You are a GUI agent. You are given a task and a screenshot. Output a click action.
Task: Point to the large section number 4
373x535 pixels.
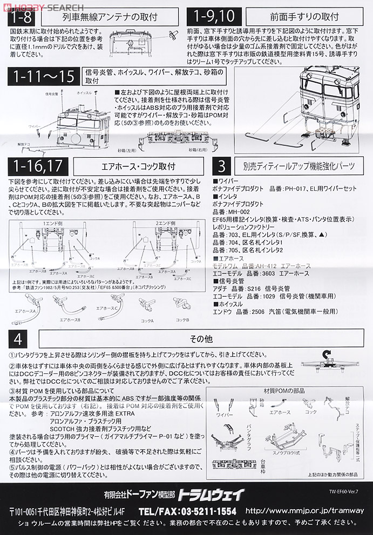tap(19, 339)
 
